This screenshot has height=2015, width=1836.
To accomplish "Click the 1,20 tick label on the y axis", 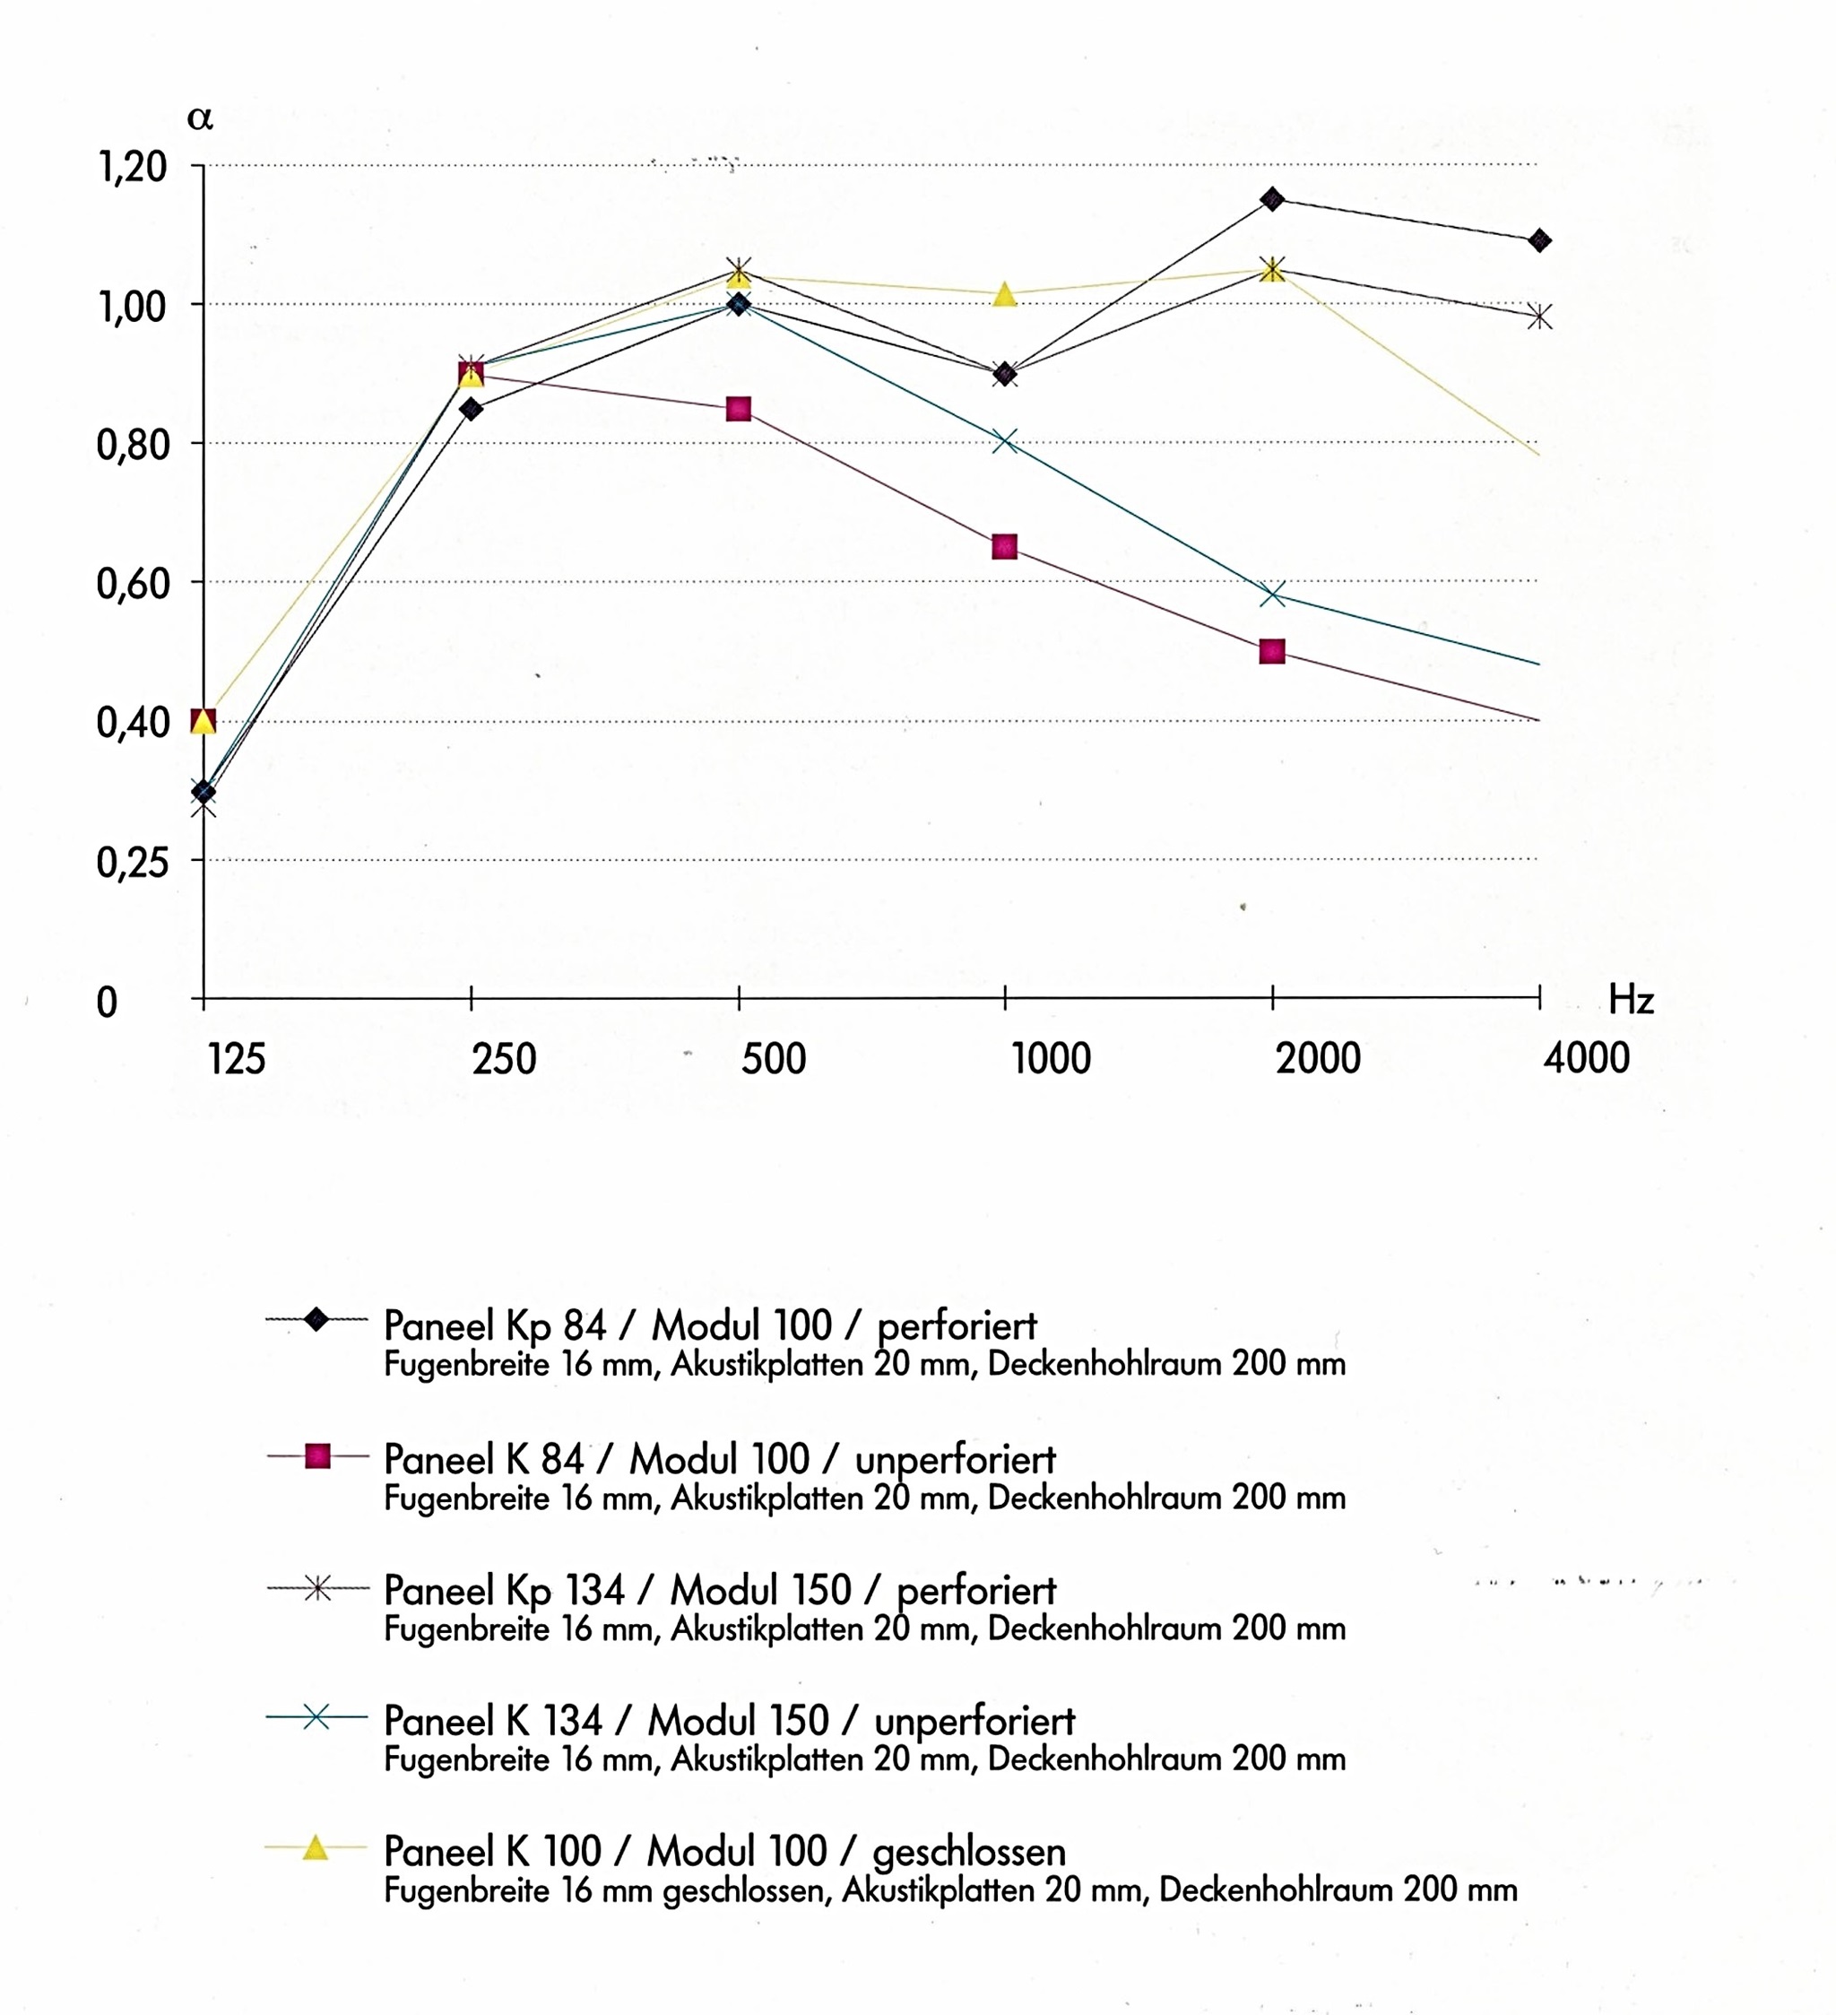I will pos(132,167).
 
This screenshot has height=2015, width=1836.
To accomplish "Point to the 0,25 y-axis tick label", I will pos(132,862).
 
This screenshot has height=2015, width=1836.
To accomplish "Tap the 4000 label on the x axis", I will pos(1586,1057).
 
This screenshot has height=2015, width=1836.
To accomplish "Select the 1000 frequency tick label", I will pos(1052,1057).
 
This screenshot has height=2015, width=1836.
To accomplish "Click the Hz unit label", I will pos(1631,1000).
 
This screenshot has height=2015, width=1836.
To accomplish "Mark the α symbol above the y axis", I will pos(200,118).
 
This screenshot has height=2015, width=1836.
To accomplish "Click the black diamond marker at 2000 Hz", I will pos(1272,199).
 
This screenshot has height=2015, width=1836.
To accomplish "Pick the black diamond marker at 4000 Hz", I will pos(1540,240).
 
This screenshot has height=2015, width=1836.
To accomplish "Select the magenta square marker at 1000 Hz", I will pos(1004,547).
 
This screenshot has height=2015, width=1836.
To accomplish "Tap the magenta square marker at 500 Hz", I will pos(739,409).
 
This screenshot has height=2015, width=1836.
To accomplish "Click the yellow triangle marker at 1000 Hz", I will pos(1004,295).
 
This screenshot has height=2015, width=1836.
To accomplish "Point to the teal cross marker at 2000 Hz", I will pos(1272,595).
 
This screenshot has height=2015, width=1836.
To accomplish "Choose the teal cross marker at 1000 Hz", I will pos(1004,441).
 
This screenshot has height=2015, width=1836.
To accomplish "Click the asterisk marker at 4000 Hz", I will pos(1540,317).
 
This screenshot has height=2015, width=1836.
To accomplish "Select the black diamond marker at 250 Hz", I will pos(471,409).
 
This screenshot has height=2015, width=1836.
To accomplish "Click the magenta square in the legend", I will pos(316,1456).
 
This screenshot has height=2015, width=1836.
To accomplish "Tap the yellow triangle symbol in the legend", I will pos(316,1847).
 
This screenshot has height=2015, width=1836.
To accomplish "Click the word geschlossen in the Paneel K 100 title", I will pos(968,1852).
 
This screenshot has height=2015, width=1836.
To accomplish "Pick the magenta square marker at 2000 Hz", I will pos(1272,652).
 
